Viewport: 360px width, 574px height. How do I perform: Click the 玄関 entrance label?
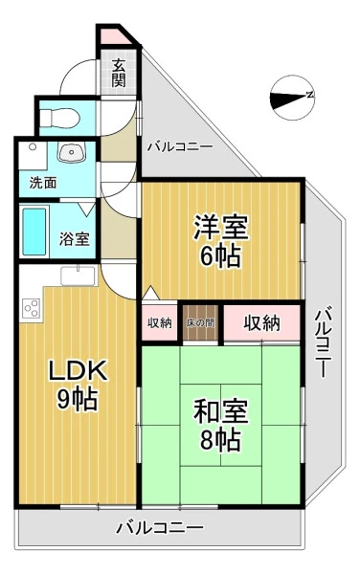pyautogui.click(x=119, y=73)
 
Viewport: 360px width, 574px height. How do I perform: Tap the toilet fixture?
pyautogui.click(x=59, y=118)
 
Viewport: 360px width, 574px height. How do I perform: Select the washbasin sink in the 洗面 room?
pyautogui.click(x=72, y=152)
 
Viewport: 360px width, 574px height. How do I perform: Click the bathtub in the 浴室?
pyautogui.click(x=34, y=232)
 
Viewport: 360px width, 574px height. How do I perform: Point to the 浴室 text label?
pyautogui.click(x=74, y=238)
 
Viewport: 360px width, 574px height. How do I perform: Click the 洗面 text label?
pyautogui.click(x=43, y=183)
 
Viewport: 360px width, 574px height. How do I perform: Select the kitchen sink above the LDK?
pyautogui.click(x=78, y=276)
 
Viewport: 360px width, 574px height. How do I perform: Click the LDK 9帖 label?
pyautogui.click(x=78, y=385)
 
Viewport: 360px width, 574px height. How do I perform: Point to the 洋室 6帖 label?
pyautogui.click(x=221, y=241)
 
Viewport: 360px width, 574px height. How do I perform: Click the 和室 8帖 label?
pyautogui.click(x=221, y=425)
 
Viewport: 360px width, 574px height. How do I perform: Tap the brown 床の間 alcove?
pyautogui.click(x=200, y=322)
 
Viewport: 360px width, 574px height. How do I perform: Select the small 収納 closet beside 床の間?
pyautogui.click(x=160, y=322)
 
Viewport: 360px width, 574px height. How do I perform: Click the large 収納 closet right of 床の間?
pyautogui.click(x=261, y=322)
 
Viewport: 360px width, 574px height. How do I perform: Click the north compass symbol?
pyautogui.click(x=293, y=98)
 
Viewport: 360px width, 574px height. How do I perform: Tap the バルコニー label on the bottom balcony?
pyautogui.click(x=160, y=528)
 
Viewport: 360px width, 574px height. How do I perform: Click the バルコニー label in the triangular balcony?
pyautogui.click(x=180, y=147)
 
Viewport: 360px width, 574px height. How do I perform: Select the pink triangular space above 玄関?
pyautogui.click(x=114, y=37)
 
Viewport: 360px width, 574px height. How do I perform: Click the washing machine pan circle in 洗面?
pyautogui.click(x=33, y=146)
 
